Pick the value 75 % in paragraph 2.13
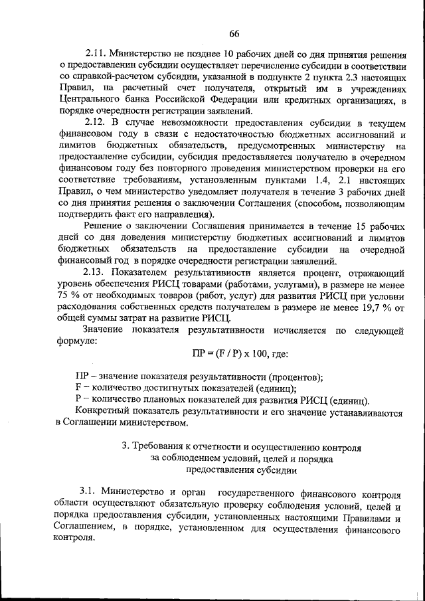tap(68, 297)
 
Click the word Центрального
tap(90, 100)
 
